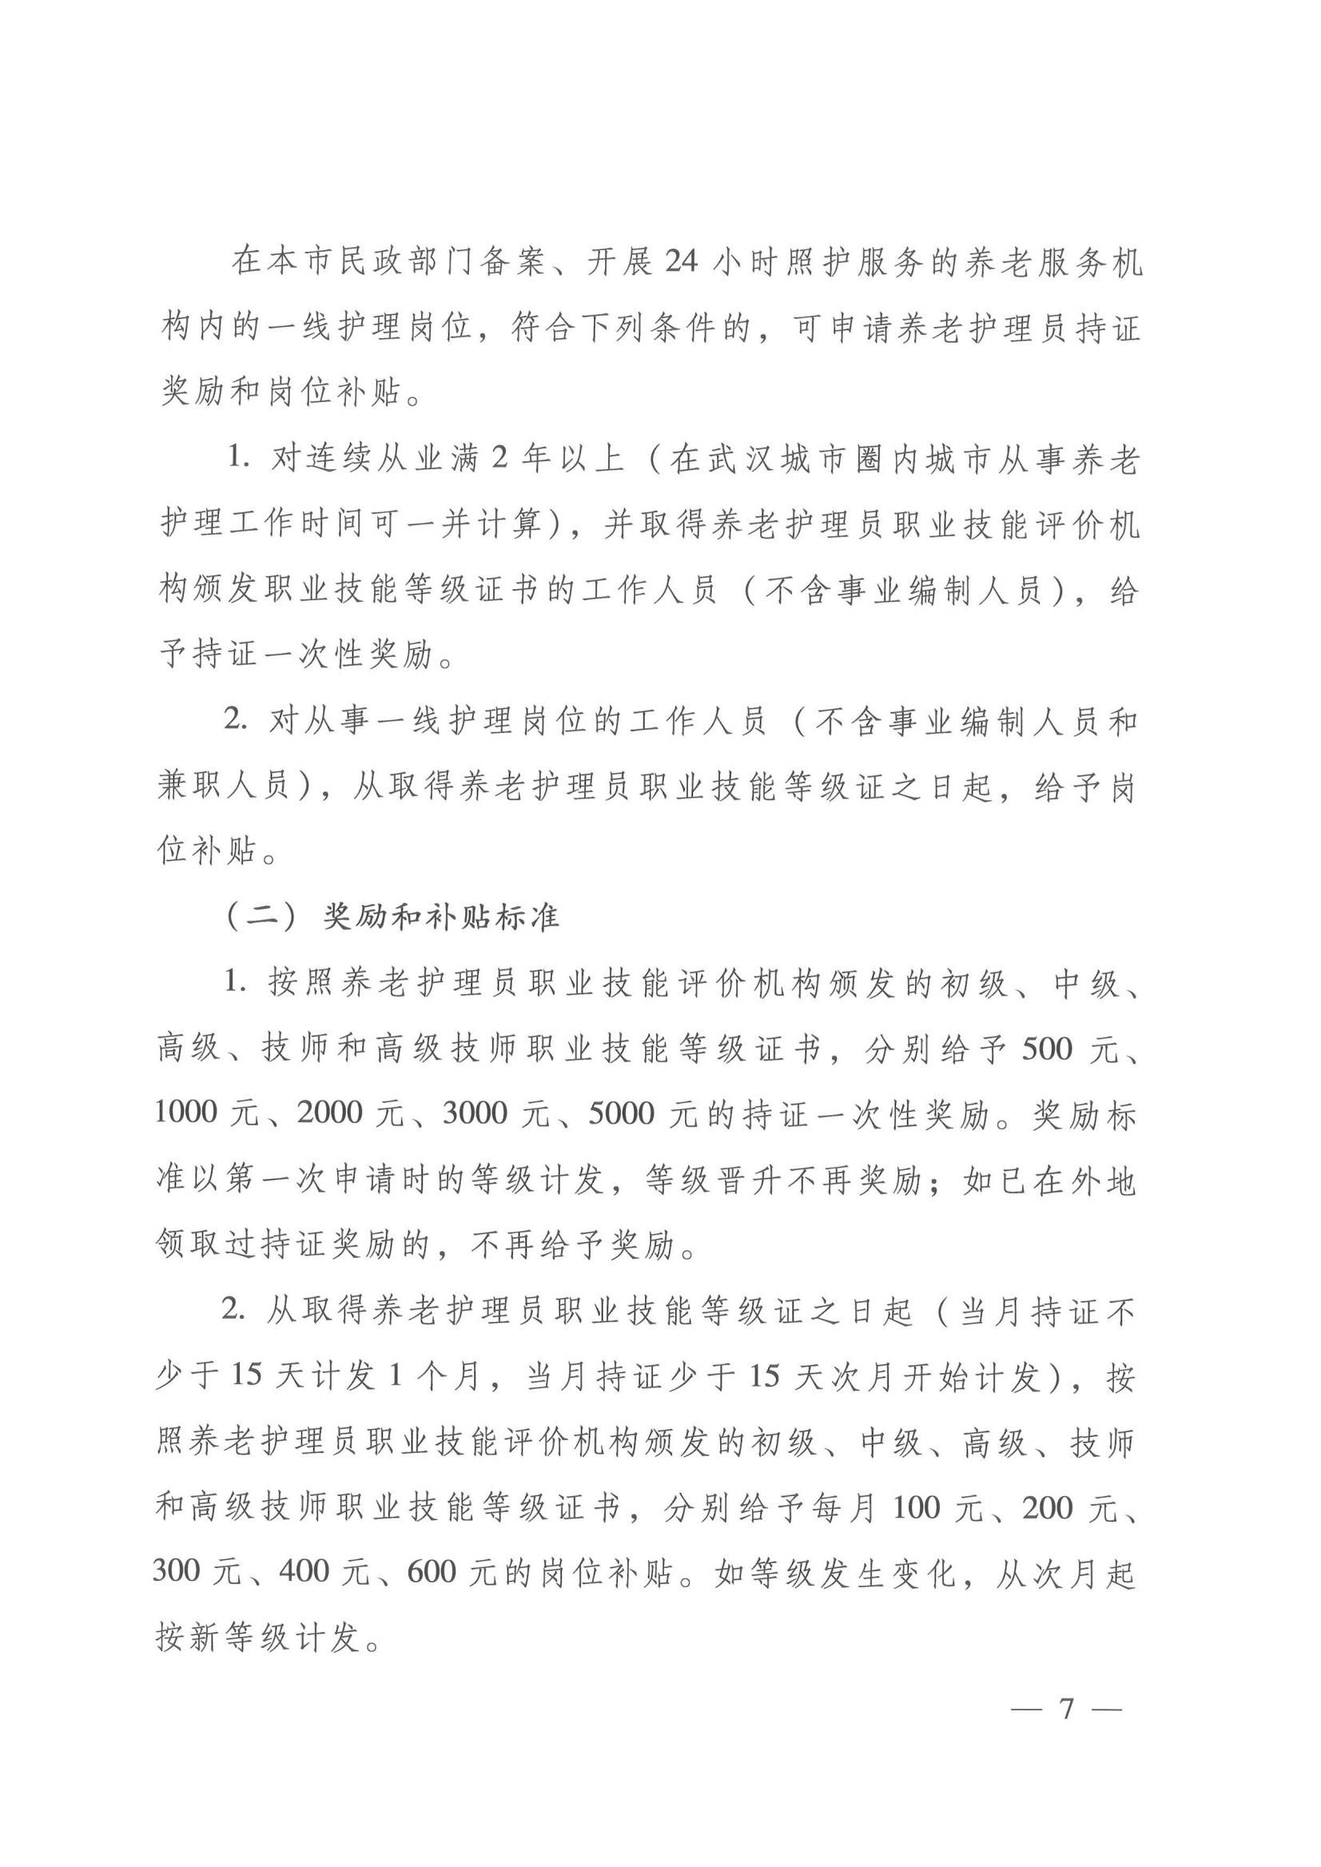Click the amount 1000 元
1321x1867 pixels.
pos(207,1113)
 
